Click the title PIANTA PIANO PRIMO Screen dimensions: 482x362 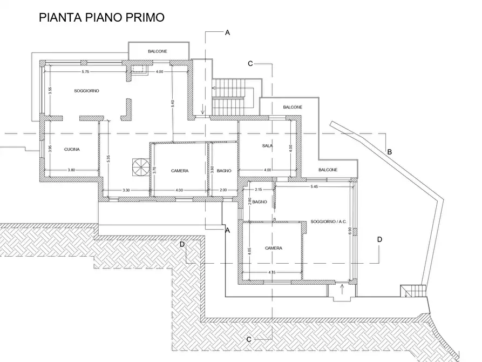[102, 17]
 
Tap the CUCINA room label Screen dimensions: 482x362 [72, 149]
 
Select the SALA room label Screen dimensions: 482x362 [267, 145]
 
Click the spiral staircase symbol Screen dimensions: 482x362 [140, 167]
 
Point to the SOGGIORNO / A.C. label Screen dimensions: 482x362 [328, 222]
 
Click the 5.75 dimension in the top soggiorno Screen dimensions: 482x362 [85, 72]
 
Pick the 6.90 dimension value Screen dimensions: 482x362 [350, 231]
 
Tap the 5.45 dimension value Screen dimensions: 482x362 [314, 186]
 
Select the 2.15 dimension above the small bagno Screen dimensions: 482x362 [259, 190]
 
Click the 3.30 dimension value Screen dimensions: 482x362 [126, 190]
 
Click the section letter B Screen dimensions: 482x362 [390, 152]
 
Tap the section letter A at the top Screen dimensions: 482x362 [227, 32]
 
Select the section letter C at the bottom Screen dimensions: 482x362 [249, 339]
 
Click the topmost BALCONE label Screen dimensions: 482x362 [158, 51]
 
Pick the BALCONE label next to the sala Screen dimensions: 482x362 [293, 107]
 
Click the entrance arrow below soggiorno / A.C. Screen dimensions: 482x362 [342, 290]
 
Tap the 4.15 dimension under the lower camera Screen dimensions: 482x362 [271, 272]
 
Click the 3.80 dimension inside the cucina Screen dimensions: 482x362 [71, 170]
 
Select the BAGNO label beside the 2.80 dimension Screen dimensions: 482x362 [260, 202]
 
